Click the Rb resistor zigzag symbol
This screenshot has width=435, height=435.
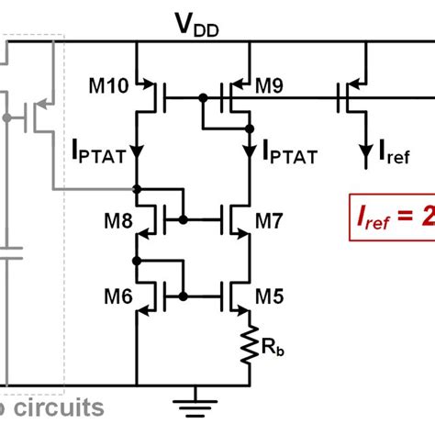[x=250, y=346]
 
